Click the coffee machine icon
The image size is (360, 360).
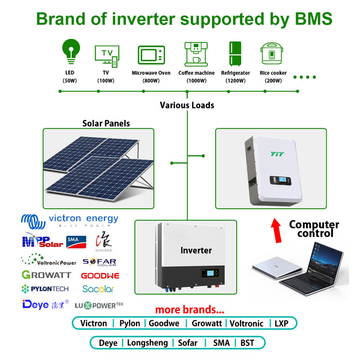tap(196, 54)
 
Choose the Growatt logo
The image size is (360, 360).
tap(45, 274)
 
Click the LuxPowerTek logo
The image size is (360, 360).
tap(99, 305)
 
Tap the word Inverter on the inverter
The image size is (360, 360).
tap(196, 250)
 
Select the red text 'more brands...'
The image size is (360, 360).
tap(189, 310)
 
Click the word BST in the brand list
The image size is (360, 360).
tap(247, 343)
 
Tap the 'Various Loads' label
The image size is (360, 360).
tap(187, 105)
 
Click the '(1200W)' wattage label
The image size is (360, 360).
tap(235, 81)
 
